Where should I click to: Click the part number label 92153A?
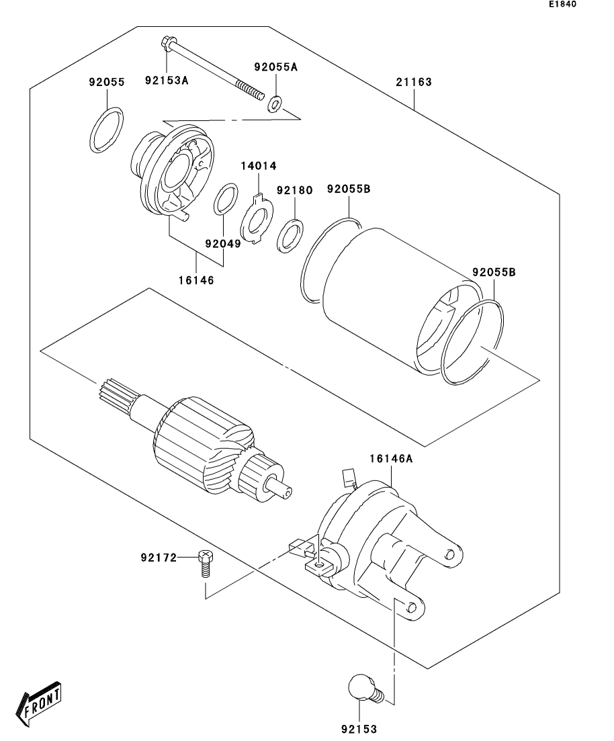point(167,81)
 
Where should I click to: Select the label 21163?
point(414,82)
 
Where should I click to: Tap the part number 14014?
point(259,166)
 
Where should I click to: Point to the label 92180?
point(294,190)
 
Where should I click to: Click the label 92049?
point(223,243)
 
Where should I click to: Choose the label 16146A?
point(392,458)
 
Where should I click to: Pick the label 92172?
point(159,558)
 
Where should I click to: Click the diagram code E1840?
point(562,4)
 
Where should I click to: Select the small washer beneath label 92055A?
point(275,104)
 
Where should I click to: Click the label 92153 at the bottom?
point(359,729)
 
